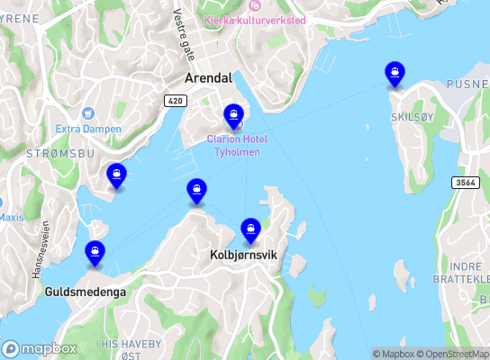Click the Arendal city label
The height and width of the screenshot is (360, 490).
point(208,78)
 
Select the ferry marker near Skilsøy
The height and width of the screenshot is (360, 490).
point(394,74)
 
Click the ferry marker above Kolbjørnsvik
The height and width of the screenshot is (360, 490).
point(250,230)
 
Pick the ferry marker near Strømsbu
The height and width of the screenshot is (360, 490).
point(116,176)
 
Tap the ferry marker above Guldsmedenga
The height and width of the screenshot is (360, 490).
point(95,254)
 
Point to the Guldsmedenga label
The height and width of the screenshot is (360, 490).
point(86,292)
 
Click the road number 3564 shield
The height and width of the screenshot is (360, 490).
point(465,182)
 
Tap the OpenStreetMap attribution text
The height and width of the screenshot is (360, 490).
point(458,354)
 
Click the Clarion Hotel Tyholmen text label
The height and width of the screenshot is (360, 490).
point(237,145)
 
